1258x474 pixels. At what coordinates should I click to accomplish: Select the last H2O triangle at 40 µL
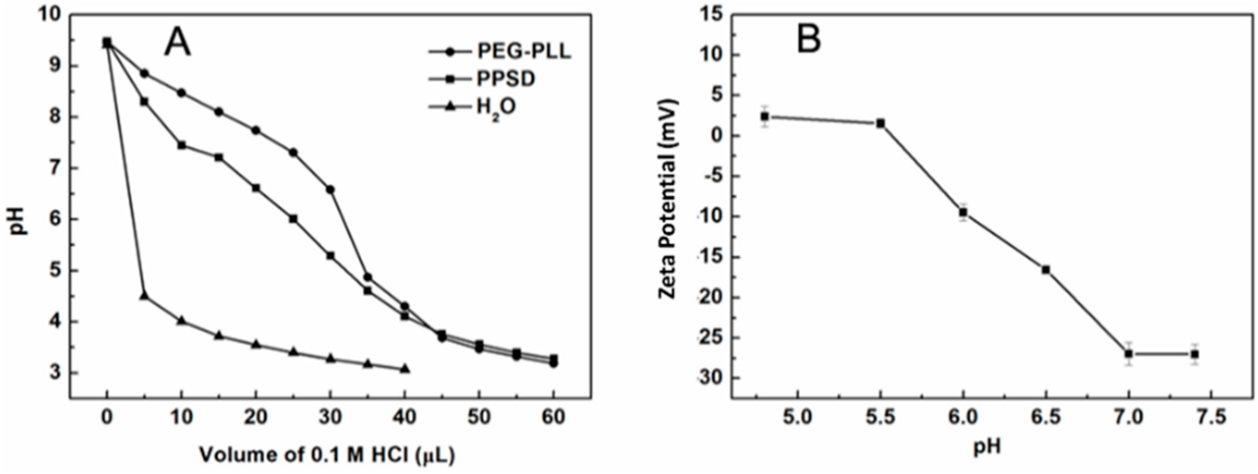404,369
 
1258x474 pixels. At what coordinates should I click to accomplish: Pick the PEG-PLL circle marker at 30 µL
330,190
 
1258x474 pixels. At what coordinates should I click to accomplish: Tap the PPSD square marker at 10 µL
181,145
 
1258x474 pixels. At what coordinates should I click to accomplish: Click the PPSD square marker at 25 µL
293,219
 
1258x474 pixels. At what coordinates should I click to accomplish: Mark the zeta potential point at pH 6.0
963,213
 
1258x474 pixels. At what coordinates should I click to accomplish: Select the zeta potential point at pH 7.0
1128,354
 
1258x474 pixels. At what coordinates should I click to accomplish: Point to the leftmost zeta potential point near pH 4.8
765,117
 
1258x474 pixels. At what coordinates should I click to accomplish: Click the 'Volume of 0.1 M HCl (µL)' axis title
327,455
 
